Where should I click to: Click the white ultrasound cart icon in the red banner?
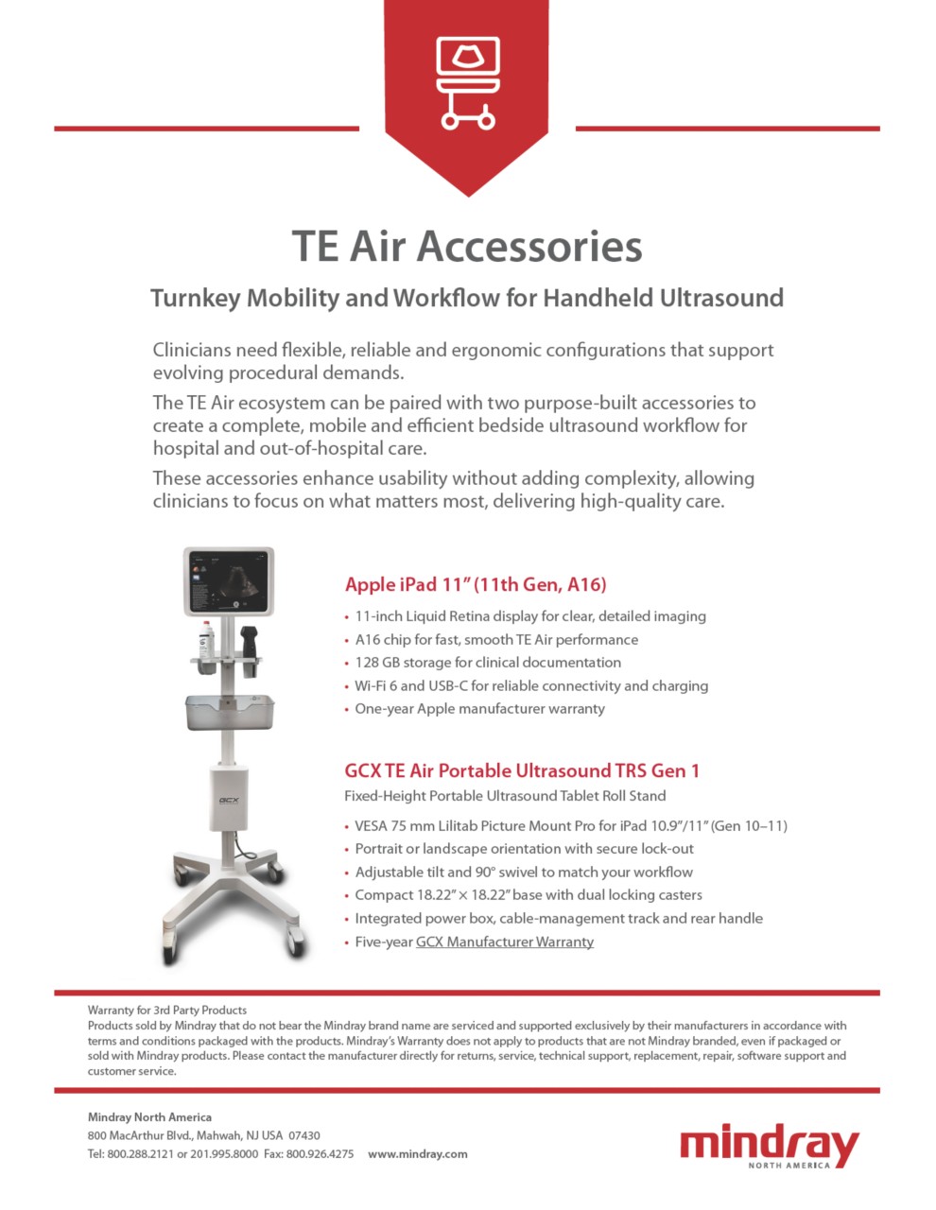467,82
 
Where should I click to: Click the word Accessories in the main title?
529,246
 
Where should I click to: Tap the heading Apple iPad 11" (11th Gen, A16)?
476,584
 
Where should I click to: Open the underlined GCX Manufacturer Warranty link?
505,942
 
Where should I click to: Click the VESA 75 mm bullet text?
396,826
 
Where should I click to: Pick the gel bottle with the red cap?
206,639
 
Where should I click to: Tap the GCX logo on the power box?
229,800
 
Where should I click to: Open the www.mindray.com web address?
417,1154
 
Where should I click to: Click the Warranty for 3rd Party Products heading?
167,1010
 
